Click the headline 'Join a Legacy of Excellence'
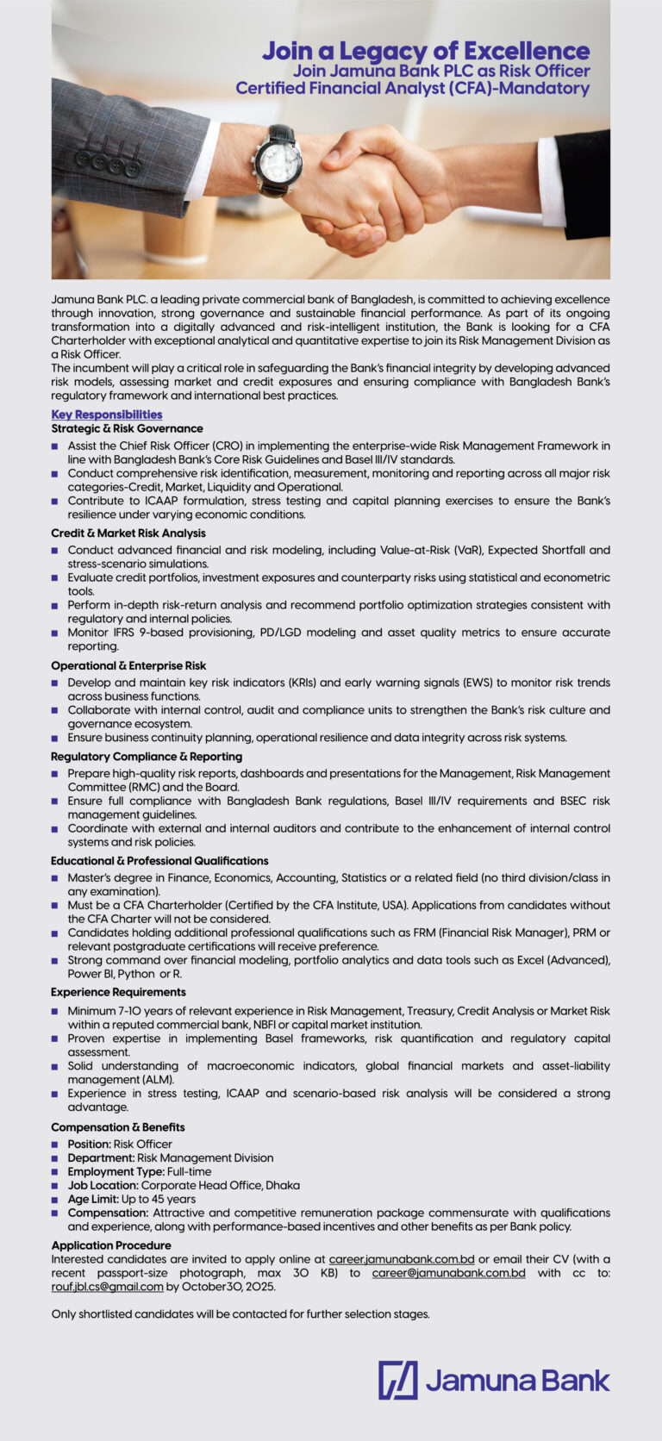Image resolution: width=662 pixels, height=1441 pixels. click(426, 51)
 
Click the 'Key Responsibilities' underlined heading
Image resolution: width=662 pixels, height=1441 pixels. click(106, 415)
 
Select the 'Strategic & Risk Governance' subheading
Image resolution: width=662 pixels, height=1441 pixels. click(127, 428)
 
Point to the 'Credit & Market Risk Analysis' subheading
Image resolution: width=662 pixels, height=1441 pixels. click(128, 533)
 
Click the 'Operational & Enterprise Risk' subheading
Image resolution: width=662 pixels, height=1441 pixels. click(128, 666)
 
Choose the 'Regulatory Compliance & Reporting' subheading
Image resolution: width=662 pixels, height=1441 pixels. click(146, 757)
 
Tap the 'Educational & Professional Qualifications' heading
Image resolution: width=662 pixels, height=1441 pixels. click(159, 861)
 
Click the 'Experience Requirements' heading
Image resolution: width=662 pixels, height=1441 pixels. click(118, 993)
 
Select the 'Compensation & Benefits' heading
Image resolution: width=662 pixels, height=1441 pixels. click(117, 1127)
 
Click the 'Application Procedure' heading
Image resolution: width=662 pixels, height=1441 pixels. click(110, 1245)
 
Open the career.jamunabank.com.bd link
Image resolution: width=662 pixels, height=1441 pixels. click(402, 1259)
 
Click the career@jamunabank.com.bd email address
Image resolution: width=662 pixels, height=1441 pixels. click(448, 1273)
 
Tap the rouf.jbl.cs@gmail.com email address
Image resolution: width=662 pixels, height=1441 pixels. click(107, 1287)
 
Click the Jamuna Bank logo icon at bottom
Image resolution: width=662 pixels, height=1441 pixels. click(397, 1380)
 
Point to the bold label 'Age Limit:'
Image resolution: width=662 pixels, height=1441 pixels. click(93, 1199)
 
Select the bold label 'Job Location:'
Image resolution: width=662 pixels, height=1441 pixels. click(103, 1185)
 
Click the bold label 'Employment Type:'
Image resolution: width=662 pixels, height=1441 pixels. click(116, 1171)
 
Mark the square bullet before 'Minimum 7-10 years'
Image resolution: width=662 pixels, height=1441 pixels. click(55, 1011)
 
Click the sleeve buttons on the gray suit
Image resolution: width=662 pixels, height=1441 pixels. click(107, 164)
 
